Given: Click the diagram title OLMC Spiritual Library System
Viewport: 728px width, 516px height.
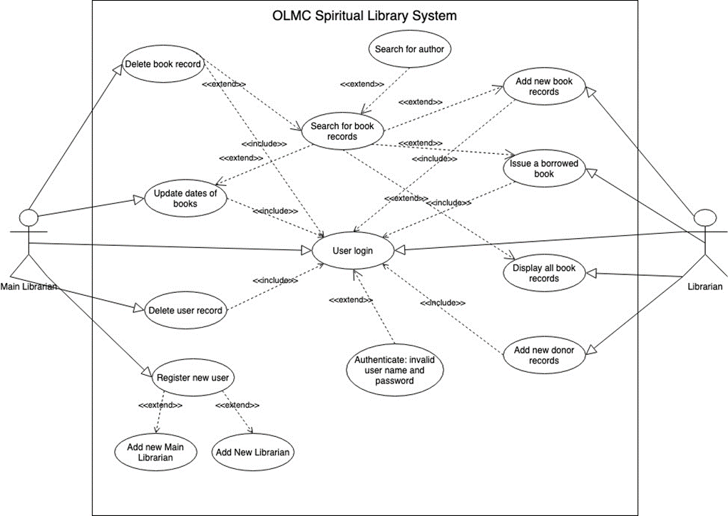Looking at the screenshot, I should click(364, 16).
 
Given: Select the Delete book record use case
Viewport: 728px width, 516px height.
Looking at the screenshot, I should click(164, 64).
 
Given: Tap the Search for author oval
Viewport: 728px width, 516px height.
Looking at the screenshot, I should click(409, 49).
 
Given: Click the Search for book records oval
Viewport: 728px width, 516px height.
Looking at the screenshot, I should click(342, 131).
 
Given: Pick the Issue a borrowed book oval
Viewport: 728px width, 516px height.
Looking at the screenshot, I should click(543, 169).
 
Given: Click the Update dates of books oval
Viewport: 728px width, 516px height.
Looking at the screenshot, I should click(185, 198).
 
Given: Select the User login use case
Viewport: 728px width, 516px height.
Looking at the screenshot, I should click(352, 251).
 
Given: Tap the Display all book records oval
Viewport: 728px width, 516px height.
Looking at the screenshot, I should click(543, 273).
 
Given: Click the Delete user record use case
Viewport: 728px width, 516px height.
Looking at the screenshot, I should click(185, 310).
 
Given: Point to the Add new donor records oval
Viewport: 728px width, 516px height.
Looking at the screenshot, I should click(543, 355).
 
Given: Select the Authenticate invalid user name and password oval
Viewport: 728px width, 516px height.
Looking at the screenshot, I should click(394, 370).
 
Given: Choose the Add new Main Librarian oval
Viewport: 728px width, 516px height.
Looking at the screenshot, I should click(155, 452).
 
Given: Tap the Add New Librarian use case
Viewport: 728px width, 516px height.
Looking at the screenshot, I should click(253, 453).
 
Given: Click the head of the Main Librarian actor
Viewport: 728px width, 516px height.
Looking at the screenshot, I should click(29, 217).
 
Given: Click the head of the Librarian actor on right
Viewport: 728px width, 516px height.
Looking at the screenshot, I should click(704, 217).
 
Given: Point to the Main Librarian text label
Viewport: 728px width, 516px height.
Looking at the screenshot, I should click(29, 287).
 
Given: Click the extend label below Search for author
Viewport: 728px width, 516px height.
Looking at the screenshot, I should click(362, 84).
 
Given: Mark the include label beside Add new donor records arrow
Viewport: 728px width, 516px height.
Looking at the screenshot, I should click(442, 303).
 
